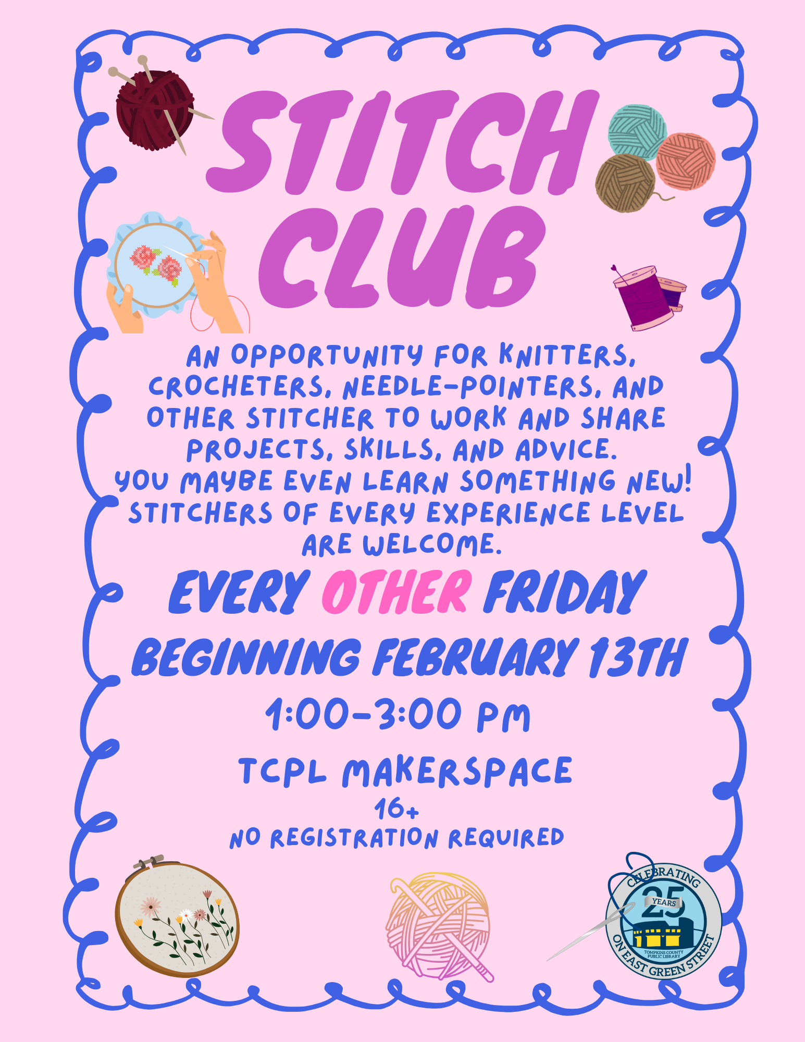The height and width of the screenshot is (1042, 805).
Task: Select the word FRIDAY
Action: point(565,592)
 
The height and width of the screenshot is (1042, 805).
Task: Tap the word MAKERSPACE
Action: point(457,772)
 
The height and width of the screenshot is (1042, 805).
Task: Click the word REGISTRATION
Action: point(354,838)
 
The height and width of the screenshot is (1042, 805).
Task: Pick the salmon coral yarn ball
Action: point(685,162)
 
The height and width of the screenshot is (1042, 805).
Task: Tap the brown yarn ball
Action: point(625,182)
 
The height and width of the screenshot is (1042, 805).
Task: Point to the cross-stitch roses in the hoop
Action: point(156,263)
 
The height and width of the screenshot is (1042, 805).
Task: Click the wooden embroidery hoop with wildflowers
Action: point(177,920)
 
